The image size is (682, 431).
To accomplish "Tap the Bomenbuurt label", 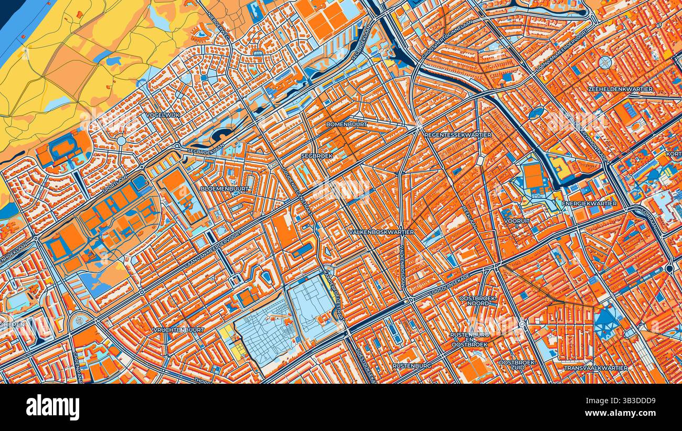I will click(346, 124).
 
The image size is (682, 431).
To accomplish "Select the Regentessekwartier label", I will click(457, 135).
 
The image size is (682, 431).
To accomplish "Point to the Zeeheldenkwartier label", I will click(621, 89).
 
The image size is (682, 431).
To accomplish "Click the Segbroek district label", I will click(316, 156).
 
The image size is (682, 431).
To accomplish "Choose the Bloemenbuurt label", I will click(225, 188).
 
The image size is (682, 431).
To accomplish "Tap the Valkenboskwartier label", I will click(381, 232).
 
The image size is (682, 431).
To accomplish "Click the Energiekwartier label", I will click(581, 203).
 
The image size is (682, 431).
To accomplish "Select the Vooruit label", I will click(517, 221).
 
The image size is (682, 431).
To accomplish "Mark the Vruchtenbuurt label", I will click(178, 330).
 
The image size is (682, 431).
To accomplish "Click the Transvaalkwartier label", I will click(595, 368).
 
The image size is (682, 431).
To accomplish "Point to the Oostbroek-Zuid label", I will click(517, 365).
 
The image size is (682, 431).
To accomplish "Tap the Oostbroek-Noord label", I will click(477, 301).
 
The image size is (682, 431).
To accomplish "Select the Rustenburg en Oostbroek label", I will click(469, 339).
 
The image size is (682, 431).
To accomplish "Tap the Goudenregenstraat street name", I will click(297, 190).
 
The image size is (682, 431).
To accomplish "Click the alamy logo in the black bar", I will click(52, 407).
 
